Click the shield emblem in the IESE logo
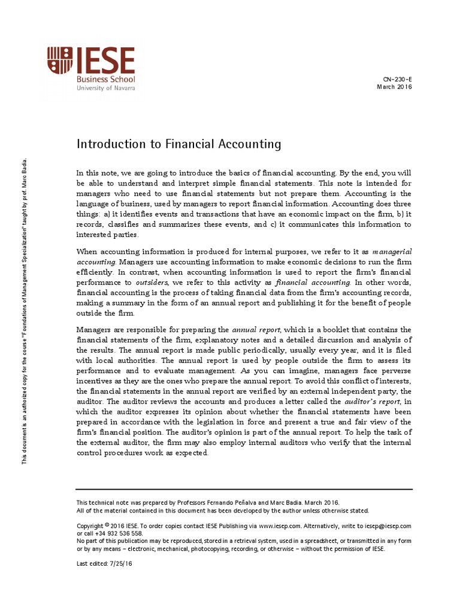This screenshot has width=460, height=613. pos(61,62)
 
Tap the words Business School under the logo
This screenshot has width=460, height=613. pos(105,79)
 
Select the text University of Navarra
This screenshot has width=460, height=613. pos(105,88)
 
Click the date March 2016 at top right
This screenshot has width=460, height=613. pos(394,87)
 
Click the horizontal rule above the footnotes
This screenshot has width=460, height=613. pos(244,489)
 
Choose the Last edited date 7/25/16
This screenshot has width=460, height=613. pos(120,564)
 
